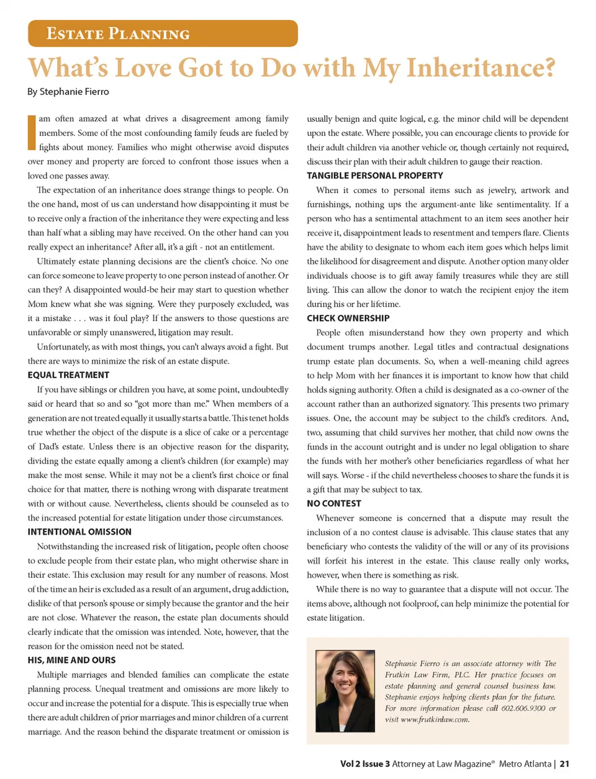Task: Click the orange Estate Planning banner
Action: [x=163, y=34]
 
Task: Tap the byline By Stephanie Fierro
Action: [x=68, y=92]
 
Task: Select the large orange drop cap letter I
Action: [x=31, y=132]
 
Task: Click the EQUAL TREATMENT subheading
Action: [x=68, y=375]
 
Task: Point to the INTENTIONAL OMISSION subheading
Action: [x=79, y=532]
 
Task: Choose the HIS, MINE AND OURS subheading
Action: [x=71, y=660]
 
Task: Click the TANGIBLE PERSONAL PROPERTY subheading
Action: [x=375, y=176]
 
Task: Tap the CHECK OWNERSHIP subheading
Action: [x=348, y=318]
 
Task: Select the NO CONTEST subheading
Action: [x=334, y=503]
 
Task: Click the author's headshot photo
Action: [x=345, y=690]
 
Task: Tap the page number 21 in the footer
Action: [x=564, y=764]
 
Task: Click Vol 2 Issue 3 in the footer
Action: [x=365, y=764]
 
